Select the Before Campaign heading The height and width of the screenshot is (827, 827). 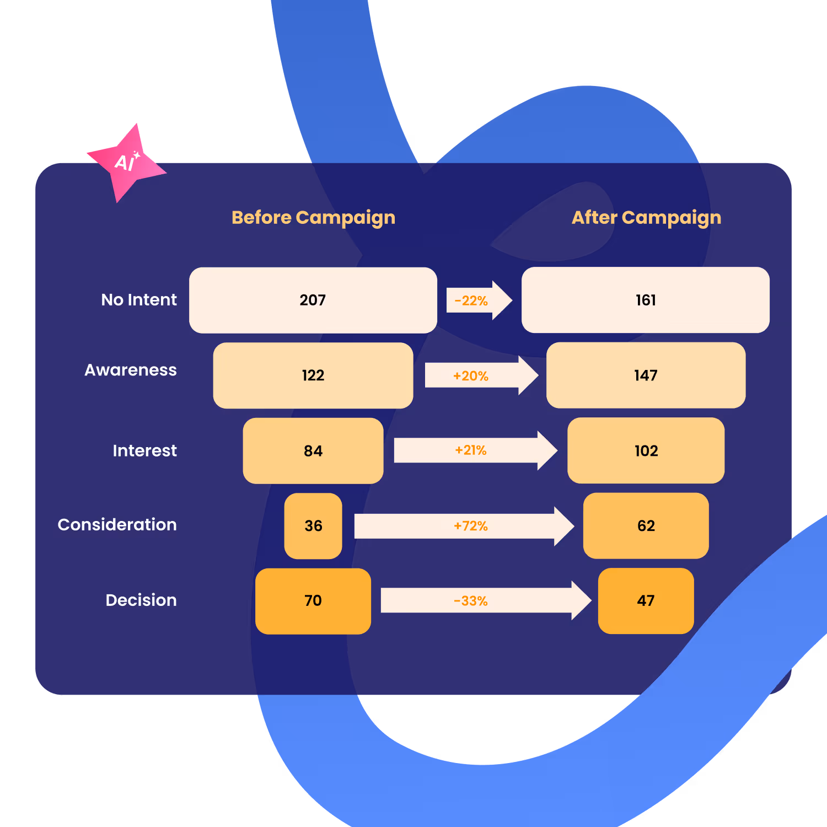point(313,218)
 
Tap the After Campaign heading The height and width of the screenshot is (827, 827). point(646,218)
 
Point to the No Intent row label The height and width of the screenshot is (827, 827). point(139,300)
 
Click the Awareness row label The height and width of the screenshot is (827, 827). point(131,370)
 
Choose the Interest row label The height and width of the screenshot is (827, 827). point(144,451)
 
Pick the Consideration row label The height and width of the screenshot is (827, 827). point(117,525)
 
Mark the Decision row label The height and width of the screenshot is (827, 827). point(141,600)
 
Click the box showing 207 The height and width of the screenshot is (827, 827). point(313,300)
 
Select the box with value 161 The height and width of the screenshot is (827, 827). point(646,300)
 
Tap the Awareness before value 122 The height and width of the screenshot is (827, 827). point(313,375)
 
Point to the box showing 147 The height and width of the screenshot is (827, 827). point(646,375)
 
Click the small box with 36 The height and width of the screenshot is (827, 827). point(313,526)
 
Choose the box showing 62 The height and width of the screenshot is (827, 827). point(646,526)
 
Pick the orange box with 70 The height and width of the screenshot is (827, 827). point(313,601)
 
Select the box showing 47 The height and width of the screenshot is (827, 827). point(646,601)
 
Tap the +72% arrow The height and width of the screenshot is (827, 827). point(463,527)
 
